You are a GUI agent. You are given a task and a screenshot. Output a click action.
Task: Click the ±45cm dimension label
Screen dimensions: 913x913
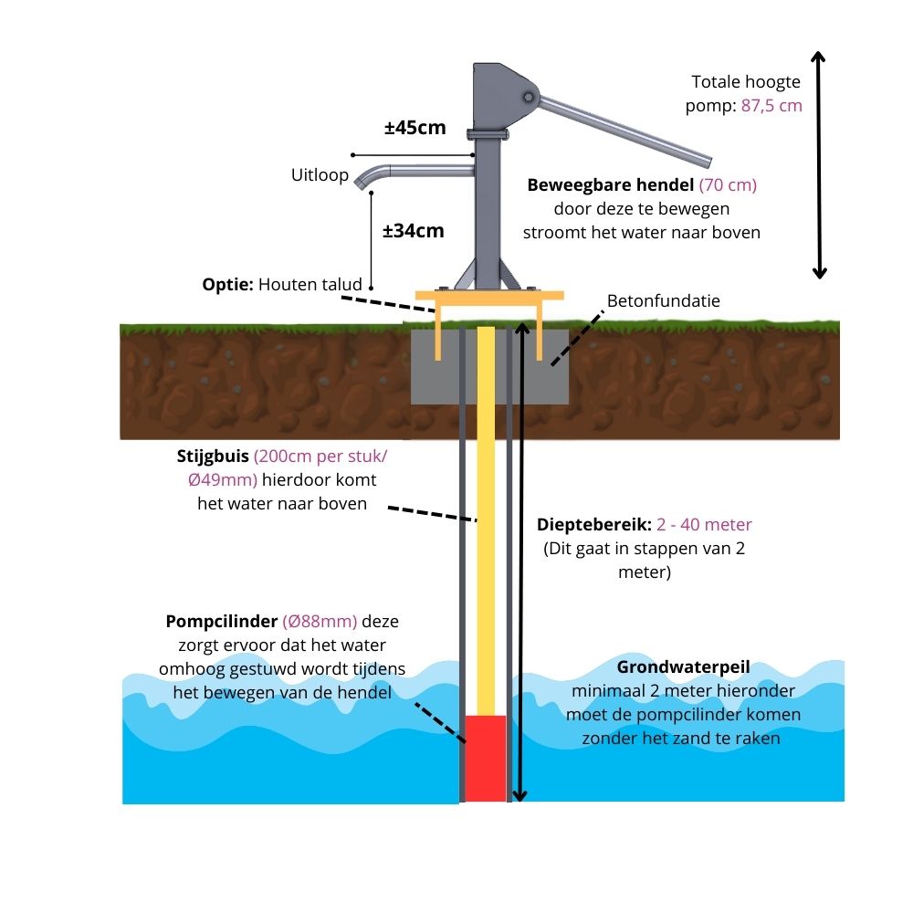click(415, 128)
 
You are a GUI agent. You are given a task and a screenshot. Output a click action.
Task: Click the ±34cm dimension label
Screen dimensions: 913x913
click(414, 231)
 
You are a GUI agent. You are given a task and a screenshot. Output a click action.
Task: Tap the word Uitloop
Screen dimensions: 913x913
click(320, 174)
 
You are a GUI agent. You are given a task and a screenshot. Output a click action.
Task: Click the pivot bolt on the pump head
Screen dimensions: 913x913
click(528, 98)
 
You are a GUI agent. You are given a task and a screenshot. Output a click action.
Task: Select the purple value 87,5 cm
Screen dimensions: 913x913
click(771, 106)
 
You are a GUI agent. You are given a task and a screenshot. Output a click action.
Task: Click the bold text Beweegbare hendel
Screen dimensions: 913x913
click(610, 185)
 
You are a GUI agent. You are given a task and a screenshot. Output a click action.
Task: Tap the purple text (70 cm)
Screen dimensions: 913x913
click(728, 185)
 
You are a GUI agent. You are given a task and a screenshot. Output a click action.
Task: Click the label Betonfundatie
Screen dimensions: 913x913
click(663, 300)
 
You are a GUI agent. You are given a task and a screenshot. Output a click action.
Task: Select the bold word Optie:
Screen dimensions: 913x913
click(227, 285)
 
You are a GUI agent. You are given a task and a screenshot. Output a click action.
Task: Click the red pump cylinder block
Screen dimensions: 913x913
click(485, 758)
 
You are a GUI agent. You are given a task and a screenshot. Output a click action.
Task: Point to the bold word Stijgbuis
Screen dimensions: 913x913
click(213, 456)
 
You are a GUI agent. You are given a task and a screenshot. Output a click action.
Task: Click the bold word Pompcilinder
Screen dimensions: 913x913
click(221, 621)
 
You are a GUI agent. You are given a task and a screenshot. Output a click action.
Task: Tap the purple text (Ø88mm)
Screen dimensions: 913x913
click(320, 621)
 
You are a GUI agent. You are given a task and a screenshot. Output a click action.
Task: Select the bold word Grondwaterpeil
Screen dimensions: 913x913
click(683, 667)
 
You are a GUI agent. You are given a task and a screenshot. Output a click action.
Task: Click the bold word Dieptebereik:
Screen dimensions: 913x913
click(594, 525)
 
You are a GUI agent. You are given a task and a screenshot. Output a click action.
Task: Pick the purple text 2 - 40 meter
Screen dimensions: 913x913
click(704, 525)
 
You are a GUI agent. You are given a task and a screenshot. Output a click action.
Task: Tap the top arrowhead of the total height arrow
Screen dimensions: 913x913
click(818, 57)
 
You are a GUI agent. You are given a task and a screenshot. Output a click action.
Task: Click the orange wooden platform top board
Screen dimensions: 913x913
click(489, 295)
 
